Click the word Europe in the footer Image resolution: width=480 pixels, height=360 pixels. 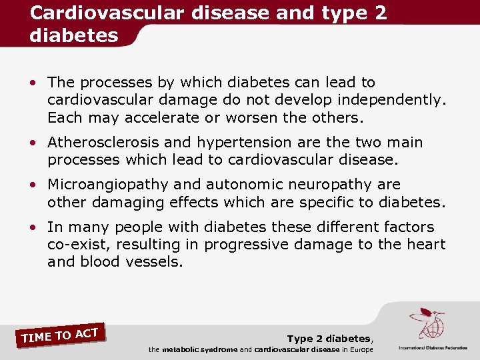click(361, 349)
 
